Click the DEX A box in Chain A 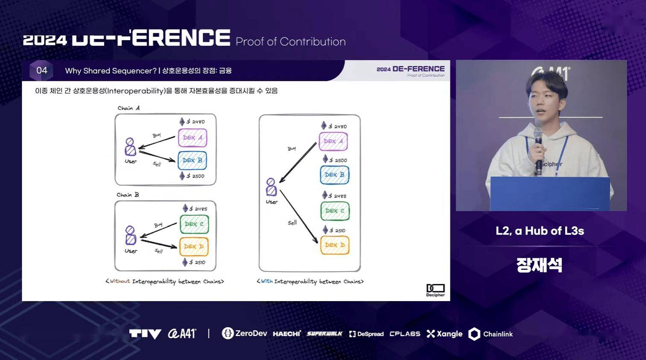tap(193, 138)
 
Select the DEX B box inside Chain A tap(192, 160)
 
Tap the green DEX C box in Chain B tap(194, 224)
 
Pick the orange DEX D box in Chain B tap(194, 246)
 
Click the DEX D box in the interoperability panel tap(335, 245)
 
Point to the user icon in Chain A tap(130, 147)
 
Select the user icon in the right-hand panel tap(271, 187)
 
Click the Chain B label tap(128, 195)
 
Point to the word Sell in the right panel tap(292, 222)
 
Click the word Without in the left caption tap(120, 281)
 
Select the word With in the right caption tap(266, 281)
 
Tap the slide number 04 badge tap(41, 70)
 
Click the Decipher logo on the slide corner tap(435, 290)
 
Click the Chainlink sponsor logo tap(491, 334)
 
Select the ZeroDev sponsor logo tap(244, 334)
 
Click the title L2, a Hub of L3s tap(540, 231)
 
